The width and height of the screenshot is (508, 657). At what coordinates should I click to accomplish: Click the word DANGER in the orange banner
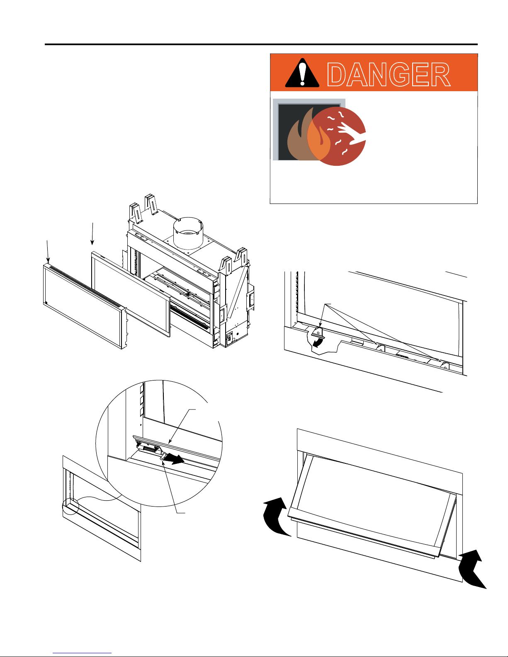[389, 75]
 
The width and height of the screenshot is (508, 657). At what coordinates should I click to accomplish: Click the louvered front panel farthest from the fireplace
[83, 305]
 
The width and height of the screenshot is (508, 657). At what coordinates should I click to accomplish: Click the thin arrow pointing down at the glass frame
[92, 234]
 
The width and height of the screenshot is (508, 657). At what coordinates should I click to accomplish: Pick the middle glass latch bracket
[380, 349]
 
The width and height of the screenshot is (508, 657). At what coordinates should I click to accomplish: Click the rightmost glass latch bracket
[445, 366]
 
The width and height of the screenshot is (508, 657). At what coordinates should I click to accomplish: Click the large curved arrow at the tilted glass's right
[474, 568]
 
